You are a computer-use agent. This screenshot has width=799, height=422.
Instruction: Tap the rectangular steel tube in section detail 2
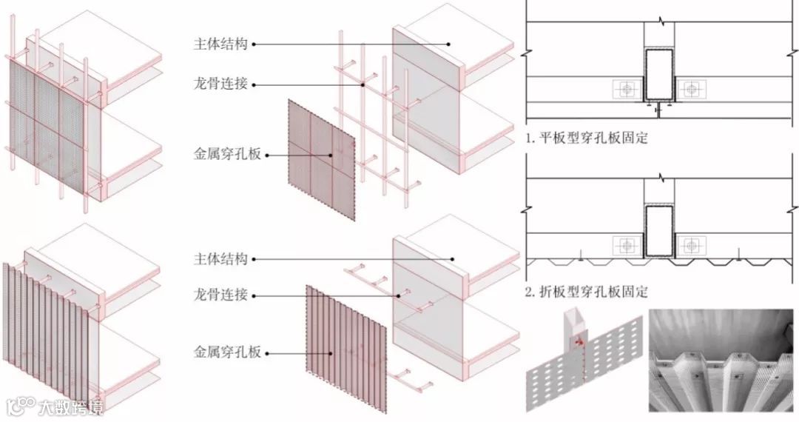click(659, 231)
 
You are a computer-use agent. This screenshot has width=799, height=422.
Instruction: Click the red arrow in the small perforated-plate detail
click(579, 343)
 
